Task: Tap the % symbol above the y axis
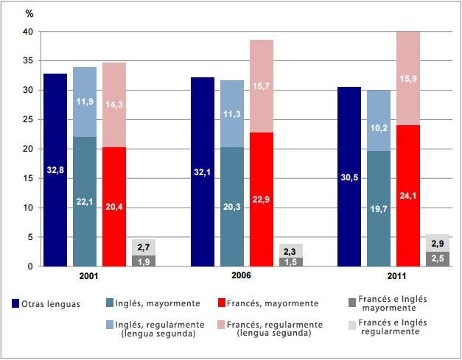[x=29, y=13]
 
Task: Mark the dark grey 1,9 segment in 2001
[x=143, y=261]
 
